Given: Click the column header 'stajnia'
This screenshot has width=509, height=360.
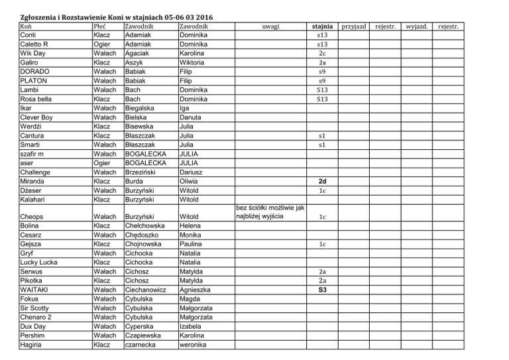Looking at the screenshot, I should click(x=322, y=26).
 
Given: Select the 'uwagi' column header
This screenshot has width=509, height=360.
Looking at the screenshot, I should click(x=270, y=26).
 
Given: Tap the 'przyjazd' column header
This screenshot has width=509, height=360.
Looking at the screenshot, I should click(x=353, y=26).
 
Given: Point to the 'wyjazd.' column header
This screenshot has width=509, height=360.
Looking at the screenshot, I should click(x=418, y=26).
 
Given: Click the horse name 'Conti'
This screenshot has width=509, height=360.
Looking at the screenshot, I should click(x=30, y=34).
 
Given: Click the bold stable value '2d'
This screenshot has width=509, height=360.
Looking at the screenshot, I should click(x=322, y=180).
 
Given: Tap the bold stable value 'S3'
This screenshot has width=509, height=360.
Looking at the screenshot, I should click(x=322, y=290).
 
